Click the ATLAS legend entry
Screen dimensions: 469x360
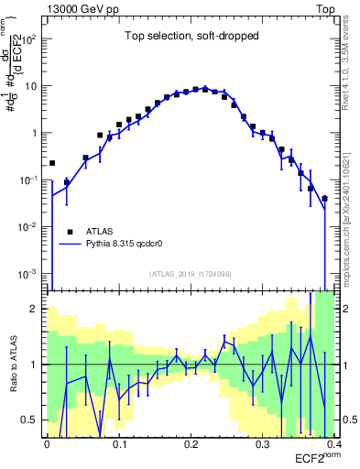(x=104, y=232)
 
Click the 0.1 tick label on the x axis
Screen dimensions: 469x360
(x=118, y=444)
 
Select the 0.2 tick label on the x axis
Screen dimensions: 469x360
(x=190, y=444)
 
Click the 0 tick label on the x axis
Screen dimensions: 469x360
(x=47, y=444)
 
